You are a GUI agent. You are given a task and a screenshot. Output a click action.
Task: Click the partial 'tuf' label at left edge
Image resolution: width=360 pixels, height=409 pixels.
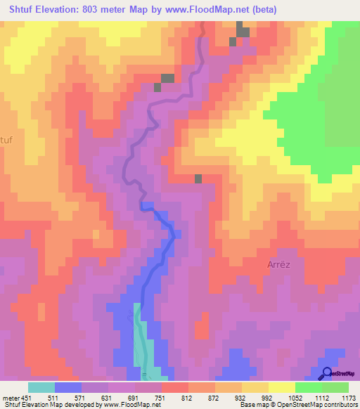coord(6,140)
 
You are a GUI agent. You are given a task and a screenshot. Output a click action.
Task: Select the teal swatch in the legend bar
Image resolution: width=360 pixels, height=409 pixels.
coord(41,387)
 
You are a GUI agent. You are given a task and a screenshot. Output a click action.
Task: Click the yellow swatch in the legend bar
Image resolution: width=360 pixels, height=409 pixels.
coord(281,387)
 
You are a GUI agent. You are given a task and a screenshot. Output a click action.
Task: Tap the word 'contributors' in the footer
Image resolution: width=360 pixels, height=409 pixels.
coord(342,405)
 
